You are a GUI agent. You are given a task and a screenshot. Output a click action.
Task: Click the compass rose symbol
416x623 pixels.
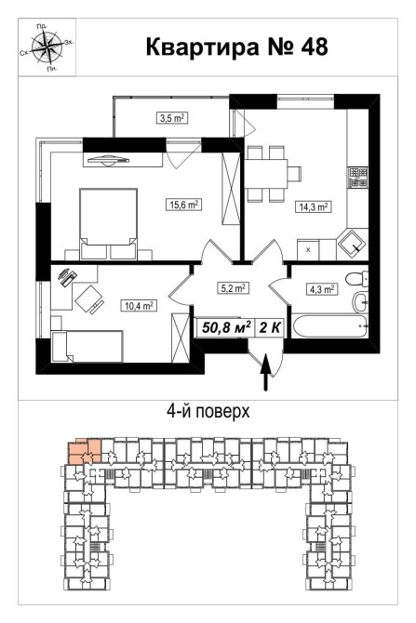(x=47, y=46)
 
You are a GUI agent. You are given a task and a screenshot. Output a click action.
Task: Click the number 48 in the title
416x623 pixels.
(x=315, y=46)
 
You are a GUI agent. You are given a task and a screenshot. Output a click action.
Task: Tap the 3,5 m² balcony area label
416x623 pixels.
(x=171, y=118)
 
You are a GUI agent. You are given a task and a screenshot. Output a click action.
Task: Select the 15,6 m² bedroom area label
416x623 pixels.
(x=183, y=205)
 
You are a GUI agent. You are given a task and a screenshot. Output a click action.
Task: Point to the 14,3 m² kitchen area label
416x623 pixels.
(x=313, y=207)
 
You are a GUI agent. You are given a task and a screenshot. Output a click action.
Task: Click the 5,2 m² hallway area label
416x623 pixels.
(x=234, y=287)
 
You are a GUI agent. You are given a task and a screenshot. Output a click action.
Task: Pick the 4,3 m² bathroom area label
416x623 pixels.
(x=322, y=289)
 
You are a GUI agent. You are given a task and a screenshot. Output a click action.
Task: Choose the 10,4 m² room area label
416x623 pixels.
(x=139, y=306)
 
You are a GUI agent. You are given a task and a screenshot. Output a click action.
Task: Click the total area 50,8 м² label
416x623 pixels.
(x=226, y=328)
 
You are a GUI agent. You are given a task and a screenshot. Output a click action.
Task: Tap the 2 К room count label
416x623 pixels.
(x=270, y=328)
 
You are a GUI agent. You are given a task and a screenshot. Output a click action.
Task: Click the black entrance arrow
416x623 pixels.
(x=266, y=373)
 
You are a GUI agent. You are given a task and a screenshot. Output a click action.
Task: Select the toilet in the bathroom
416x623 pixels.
(x=356, y=279)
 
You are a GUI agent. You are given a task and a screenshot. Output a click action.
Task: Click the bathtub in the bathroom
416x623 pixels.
(x=329, y=326)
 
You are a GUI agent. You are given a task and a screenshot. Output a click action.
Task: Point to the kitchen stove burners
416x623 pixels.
(x=357, y=178)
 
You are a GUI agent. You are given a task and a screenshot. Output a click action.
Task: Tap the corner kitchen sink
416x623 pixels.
(x=352, y=245)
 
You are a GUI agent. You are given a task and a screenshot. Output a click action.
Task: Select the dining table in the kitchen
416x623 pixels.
(x=266, y=174)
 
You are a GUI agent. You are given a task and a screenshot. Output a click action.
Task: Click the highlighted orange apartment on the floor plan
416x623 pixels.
(x=85, y=451)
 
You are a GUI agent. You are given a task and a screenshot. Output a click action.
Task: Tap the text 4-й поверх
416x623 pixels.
(x=208, y=411)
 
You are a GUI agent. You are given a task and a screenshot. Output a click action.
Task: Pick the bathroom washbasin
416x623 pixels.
(x=361, y=303)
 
